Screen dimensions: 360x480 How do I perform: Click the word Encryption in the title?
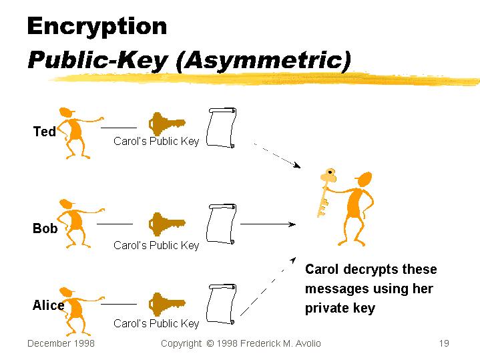[x=97, y=27]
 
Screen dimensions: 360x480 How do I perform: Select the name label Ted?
[x=45, y=132]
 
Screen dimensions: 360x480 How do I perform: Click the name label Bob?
[x=45, y=228]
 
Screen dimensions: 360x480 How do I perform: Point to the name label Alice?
[x=48, y=305]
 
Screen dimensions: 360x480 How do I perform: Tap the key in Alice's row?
[x=166, y=304]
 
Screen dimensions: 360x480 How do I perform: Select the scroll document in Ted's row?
[x=222, y=128]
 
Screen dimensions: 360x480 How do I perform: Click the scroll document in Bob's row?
[x=222, y=224]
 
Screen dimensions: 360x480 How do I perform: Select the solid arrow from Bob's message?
[x=265, y=224]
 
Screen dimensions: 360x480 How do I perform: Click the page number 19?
[x=444, y=343]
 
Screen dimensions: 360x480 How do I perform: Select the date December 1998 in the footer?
[x=61, y=343]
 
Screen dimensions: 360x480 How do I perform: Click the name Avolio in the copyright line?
[x=304, y=343]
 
